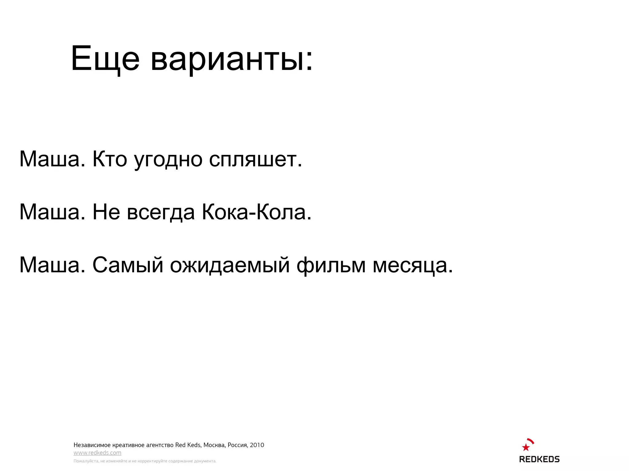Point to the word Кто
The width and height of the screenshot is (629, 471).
click(110, 159)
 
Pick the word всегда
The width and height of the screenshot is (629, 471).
click(161, 213)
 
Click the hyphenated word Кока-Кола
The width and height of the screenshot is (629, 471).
click(256, 212)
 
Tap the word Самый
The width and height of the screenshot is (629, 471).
click(128, 265)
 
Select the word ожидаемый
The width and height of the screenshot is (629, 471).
click(230, 265)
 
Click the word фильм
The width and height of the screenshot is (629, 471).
click(331, 265)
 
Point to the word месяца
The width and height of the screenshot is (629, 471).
click(412, 265)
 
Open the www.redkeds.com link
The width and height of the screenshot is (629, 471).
click(97, 453)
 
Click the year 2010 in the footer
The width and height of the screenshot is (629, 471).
click(257, 445)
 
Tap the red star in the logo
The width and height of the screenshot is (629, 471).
click(525, 447)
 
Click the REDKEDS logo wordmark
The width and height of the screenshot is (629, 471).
click(539, 459)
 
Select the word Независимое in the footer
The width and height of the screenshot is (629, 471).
click(92, 445)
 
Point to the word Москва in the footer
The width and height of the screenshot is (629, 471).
click(214, 445)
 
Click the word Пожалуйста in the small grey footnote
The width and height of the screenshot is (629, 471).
click(86, 461)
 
